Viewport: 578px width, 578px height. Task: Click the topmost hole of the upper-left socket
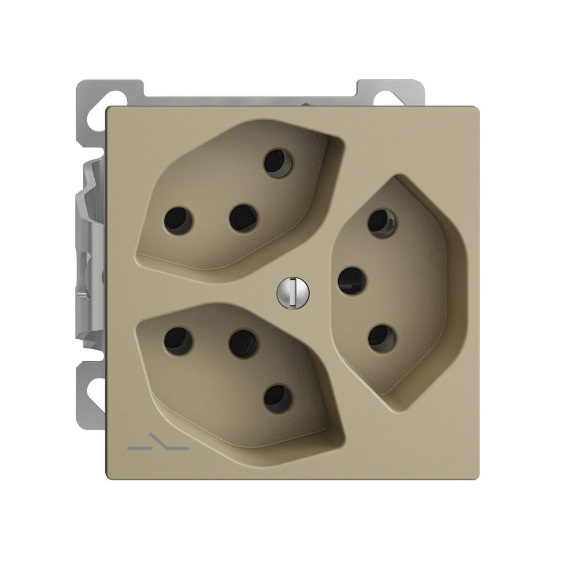277,162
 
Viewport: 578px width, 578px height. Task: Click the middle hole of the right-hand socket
351,281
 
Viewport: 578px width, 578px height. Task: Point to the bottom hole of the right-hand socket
381,338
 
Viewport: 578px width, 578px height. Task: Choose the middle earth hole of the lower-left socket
243,343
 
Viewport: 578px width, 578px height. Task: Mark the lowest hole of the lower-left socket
278,399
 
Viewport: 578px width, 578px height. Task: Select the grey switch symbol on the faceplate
156,447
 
